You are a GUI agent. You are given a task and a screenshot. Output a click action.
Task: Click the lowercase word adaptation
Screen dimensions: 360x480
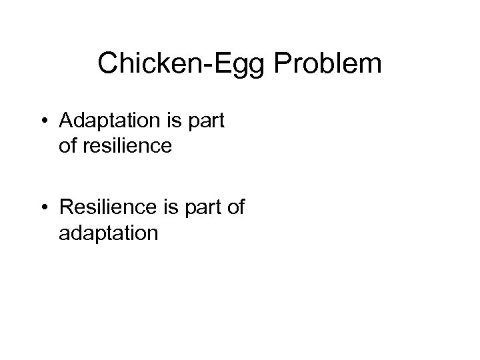tap(108, 233)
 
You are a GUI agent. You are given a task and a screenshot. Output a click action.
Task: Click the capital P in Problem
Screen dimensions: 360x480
tap(279, 64)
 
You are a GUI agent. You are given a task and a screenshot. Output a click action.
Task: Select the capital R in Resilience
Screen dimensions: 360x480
tap(66, 209)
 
